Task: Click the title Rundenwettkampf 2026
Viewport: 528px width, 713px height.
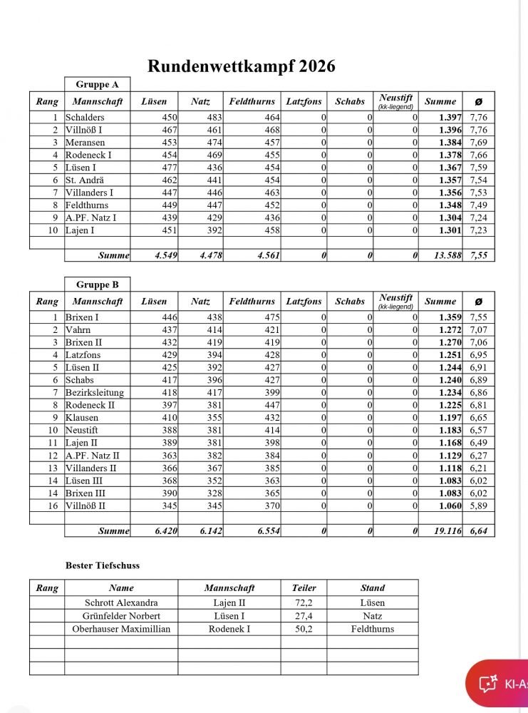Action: (241, 66)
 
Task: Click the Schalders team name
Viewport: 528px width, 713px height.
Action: (84, 117)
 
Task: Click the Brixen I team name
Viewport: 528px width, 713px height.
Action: (82, 317)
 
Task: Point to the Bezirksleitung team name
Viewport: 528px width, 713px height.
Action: (94, 393)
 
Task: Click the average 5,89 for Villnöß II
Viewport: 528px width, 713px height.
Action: (477, 506)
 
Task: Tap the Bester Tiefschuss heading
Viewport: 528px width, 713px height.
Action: (102, 565)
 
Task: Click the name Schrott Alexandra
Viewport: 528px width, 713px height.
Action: (121, 602)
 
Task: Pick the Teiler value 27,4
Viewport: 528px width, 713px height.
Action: (304, 615)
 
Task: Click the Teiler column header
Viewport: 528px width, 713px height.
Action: (304, 588)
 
